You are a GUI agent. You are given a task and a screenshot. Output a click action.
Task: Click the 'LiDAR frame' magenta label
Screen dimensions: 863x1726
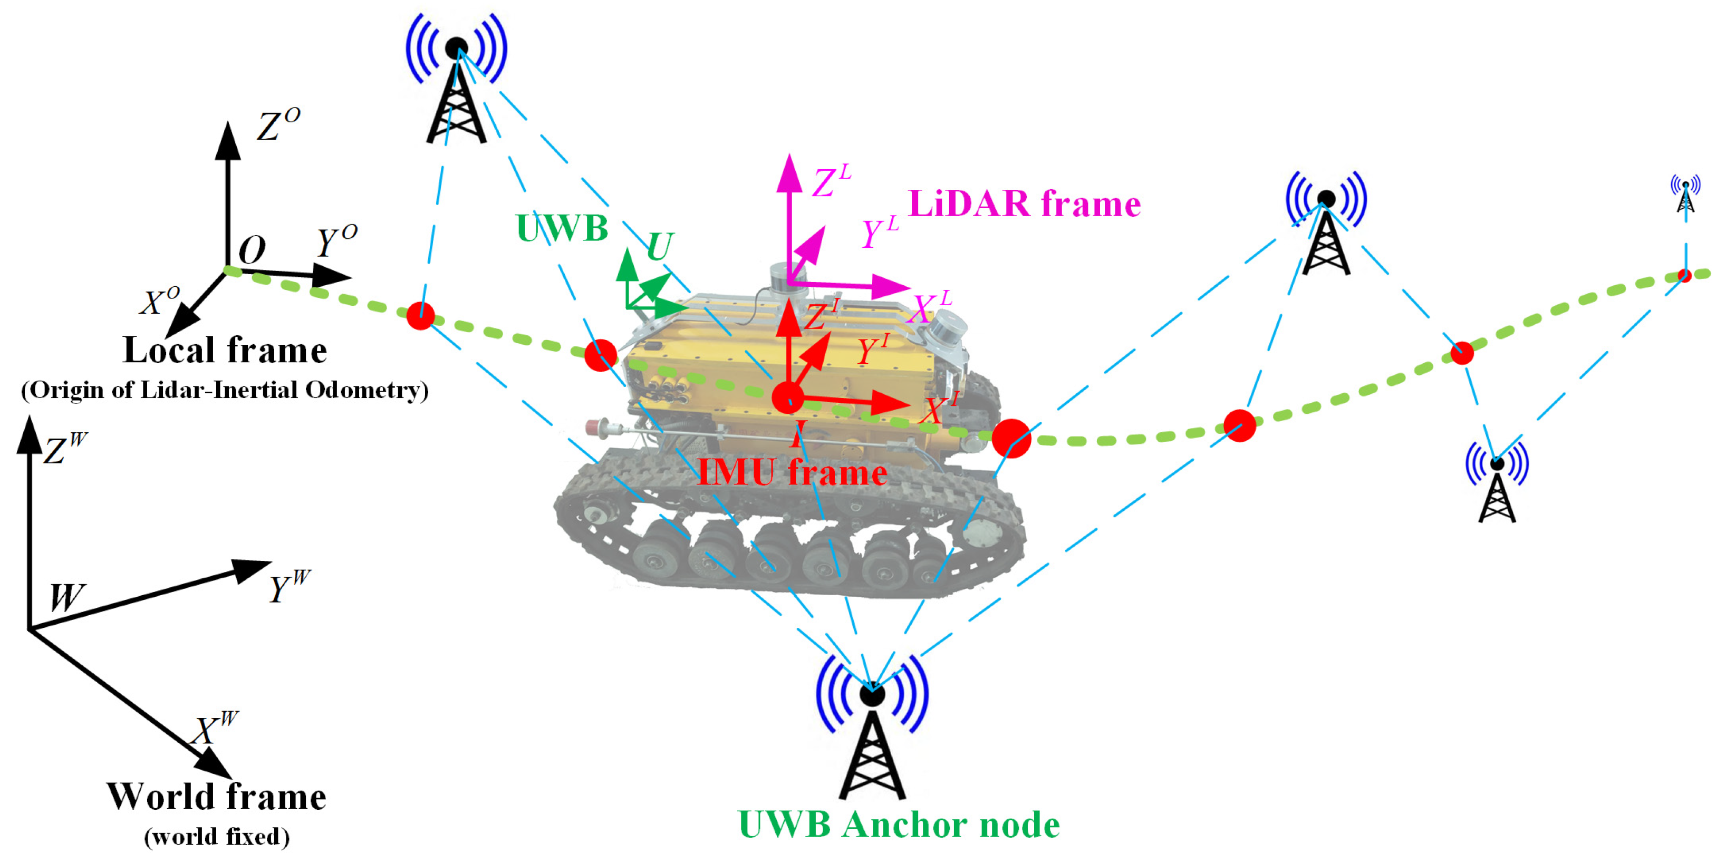[1023, 205]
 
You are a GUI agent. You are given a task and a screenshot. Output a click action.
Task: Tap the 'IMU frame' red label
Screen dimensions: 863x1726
[792, 472]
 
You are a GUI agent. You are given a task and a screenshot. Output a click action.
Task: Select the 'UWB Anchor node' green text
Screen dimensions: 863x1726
[899, 824]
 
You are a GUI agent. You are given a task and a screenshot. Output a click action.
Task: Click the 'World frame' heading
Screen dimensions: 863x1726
[216, 797]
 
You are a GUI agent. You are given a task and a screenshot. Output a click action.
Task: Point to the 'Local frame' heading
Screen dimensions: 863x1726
[225, 350]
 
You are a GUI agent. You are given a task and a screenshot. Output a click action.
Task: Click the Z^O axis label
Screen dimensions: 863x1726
[277, 124]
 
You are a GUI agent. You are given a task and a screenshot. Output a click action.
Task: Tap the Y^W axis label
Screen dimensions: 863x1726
[288, 586]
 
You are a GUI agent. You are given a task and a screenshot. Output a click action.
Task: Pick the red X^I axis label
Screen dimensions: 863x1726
[938, 409]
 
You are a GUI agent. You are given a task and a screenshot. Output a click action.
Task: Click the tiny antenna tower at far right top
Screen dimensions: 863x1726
[1685, 195]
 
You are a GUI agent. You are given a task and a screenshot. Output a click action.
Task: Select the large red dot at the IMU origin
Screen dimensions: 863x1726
[787, 397]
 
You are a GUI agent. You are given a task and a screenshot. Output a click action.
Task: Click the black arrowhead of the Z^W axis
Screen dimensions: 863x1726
[29, 434]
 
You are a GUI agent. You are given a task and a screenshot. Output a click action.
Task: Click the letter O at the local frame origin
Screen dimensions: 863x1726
[252, 250]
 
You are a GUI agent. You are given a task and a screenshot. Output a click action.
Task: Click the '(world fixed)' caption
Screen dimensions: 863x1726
[216, 837]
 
